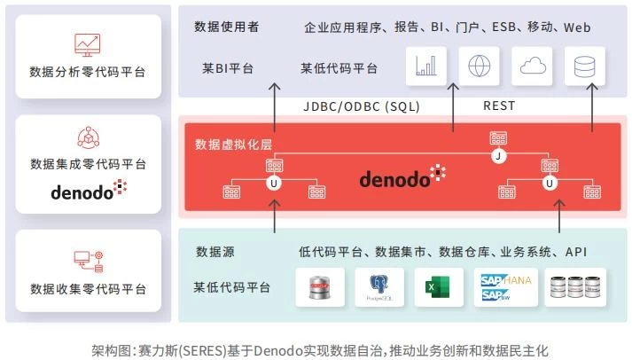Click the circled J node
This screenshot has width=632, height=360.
(x=498, y=157)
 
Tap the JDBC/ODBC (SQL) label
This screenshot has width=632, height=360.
(x=361, y=106)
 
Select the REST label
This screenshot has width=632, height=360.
(x=499, y=106)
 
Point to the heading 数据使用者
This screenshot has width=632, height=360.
(x=227, y=27)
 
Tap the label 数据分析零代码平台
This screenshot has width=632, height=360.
(x=88, y=72)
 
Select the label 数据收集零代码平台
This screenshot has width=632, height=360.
(x=88, y=289)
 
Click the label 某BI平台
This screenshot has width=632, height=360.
(x=227, y=68)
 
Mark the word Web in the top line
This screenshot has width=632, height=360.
(x=577, y=27)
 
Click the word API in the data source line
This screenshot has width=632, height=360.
(x=576, y=252)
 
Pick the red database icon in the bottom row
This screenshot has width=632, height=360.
(x=320, y=287)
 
